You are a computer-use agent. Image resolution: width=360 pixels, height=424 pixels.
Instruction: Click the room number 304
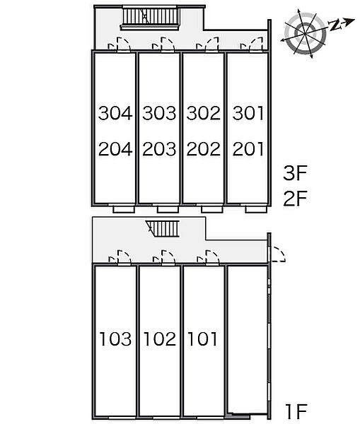coord(115,113)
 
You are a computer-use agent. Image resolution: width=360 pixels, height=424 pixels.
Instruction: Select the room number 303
coord(159,113)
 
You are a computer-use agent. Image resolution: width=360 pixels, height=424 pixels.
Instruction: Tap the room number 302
coord(203,113)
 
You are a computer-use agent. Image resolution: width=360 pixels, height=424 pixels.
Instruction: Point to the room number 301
coord(248,113)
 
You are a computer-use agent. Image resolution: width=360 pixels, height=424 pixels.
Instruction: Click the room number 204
coord(115,149)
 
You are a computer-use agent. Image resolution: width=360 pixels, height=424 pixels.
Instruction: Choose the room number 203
coord(159,149)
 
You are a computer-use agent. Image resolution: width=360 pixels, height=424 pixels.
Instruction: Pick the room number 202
coord(203,149)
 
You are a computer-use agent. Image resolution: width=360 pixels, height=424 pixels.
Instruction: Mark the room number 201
coord(248,149)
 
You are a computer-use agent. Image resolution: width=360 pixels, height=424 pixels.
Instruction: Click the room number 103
coord(115,338)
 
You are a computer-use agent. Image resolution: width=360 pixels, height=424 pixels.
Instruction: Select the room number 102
coord(160,338)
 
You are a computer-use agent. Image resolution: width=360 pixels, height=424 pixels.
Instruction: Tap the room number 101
coord(202,338)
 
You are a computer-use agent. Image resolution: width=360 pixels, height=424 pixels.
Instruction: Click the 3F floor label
coord(295,173)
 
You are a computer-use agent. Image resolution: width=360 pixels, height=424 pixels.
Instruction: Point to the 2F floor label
coord(295,199)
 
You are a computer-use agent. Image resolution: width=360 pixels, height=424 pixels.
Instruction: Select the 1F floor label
coord(296,411)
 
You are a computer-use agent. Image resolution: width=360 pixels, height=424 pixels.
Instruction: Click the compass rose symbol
coord(305,33)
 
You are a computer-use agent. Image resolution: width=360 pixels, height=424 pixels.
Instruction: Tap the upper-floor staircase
coord(150,18)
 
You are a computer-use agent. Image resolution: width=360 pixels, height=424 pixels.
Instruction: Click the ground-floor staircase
coord(163,229)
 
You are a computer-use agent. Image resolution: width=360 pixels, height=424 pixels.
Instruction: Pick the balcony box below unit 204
coord(124,209)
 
